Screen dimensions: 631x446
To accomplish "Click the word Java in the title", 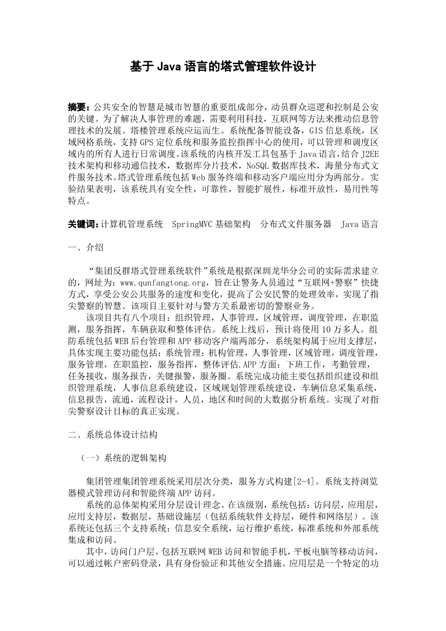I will (x=169, y=67).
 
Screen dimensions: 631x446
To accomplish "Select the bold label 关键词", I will (x=82, y=225).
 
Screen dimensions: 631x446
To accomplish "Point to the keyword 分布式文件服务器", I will (x=296, y=225).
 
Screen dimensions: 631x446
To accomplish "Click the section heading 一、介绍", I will (x=86, y=248).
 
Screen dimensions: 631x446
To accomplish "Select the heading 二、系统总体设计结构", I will (x=113, y=435).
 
